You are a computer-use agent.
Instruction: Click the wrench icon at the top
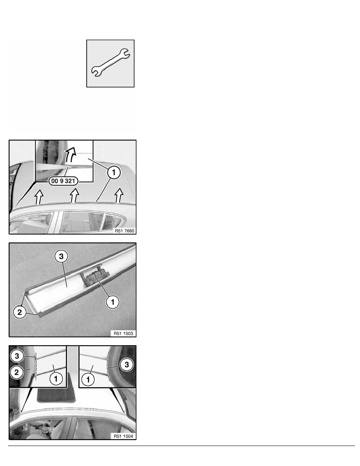(x=110, y=63)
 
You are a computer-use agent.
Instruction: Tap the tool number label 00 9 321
(x=63, y=181)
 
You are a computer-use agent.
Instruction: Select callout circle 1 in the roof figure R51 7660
(x=114, y=172)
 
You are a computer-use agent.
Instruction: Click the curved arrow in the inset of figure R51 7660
(x=71, y=154)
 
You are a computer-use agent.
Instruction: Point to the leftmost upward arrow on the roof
(x=39, y=197)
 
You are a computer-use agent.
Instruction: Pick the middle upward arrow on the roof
(x=74, y=196)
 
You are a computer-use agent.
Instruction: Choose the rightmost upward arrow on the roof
(x=119, y=195)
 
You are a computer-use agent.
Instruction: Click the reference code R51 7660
(x=124, y=231)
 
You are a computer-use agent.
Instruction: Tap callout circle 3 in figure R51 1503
(x=61, y=256)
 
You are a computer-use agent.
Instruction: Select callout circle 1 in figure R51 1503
(x=113, y=302)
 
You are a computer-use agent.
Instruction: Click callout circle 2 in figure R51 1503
(x=20, y=312)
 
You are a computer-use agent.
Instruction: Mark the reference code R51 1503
(x=123, y=333)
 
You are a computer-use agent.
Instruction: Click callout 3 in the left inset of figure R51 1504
(x=17, y=356)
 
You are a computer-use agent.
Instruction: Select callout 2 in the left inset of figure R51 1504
(x=16, y=372)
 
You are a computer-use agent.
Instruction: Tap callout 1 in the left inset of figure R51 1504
(x=56, y=379)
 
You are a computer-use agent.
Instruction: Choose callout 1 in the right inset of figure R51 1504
(x=88, y=379)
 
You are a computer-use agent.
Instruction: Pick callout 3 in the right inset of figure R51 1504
(x=127, y=364)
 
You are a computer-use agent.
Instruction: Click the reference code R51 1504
(x=123, y=436)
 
